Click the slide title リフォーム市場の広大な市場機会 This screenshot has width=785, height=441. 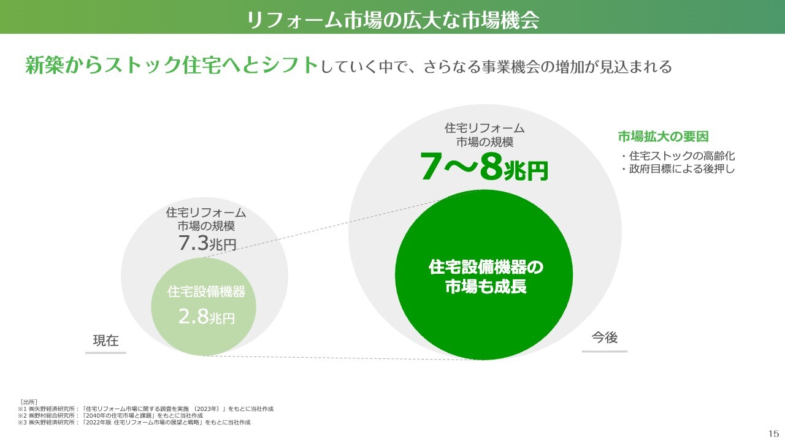tap(392, 20)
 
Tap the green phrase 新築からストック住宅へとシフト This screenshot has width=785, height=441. tap(172, 65)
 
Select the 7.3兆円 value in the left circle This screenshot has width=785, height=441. tap(207, 243)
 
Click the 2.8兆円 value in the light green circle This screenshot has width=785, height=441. tap(207, 317)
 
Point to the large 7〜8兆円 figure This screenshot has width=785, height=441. tap(484, 167)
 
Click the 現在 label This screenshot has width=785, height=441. tap(106, 340)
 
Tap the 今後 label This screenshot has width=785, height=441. tap(605, 337)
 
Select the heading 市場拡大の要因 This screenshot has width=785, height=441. tap(663, 137)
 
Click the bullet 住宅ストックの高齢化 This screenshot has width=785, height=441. tap(678, 156)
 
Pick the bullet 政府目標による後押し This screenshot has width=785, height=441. tap(678, 169)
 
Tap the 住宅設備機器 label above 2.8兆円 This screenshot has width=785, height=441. tap(207, 292)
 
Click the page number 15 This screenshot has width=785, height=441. tap(774, 434)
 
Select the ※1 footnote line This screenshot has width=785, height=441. tap(146, 409)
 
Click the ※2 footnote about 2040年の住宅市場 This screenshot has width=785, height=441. tap(110, 415)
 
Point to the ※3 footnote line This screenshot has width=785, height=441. tap(134, 423)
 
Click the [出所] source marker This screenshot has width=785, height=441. tap(29, 402)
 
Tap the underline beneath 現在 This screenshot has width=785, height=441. tap(105, 353)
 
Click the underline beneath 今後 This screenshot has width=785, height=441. tap(605, 351)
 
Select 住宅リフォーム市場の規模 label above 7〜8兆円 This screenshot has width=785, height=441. tap(484, 135)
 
